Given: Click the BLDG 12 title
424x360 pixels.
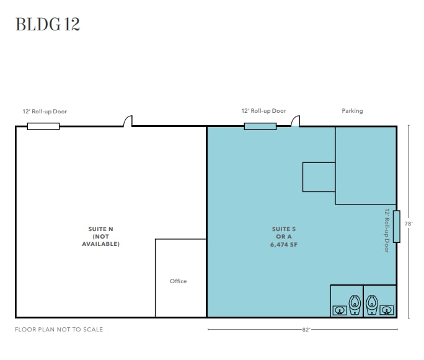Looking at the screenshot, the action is click(48, 24).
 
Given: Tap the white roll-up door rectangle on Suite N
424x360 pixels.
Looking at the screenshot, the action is click(43, 126).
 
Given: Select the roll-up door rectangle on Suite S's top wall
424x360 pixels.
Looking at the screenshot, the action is click(260, 126).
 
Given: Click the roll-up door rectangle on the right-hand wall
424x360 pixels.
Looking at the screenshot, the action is click(397, 227).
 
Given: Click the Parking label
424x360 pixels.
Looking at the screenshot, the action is click(352, 111).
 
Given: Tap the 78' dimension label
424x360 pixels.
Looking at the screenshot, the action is click(409, 224).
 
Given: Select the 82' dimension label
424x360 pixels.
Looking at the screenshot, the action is click(306, 330).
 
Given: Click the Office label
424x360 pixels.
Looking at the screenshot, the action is click(178, 281).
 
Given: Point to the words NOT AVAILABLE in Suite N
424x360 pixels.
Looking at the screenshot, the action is click(100, 240).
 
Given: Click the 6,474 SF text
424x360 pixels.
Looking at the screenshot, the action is click(284, 245).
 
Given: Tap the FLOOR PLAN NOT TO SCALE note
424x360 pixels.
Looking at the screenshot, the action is click(59, 330).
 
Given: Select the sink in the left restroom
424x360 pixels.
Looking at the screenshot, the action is click(339, 310).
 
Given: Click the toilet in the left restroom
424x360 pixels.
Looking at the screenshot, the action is click(355, 305).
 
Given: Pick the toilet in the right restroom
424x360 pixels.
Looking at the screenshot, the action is click(372, 305).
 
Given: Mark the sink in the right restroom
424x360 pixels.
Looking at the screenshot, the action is click(387, 310).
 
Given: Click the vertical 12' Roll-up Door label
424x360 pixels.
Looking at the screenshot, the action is click(387, 230).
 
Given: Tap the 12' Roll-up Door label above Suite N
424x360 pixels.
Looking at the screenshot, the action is click(45, 112).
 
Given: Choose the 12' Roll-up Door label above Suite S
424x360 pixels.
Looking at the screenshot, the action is click(263, 111).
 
